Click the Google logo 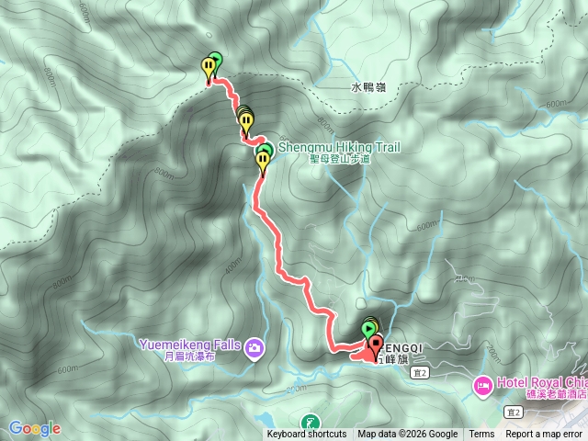[34, 428]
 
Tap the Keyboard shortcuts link [307, 435]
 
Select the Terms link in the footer [481, 435]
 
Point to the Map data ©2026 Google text [407, 435]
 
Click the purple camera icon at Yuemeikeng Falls [253, 346]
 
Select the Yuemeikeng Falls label [189, 345]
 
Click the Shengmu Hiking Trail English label [338, 147]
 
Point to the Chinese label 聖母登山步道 [339, 159]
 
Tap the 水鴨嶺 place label [369, 88]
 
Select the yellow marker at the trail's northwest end [209, 67]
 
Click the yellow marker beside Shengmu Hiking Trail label [264, 164]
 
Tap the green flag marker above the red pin [369, 328]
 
